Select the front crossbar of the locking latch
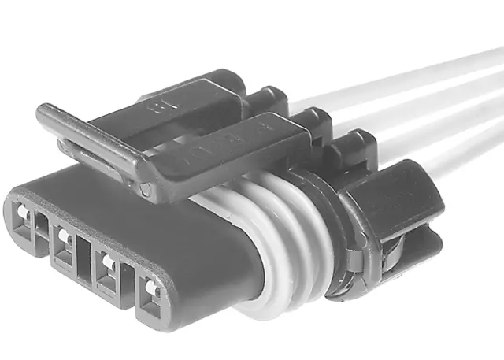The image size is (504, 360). pos(91,142)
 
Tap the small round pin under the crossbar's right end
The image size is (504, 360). pos(146,190)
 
